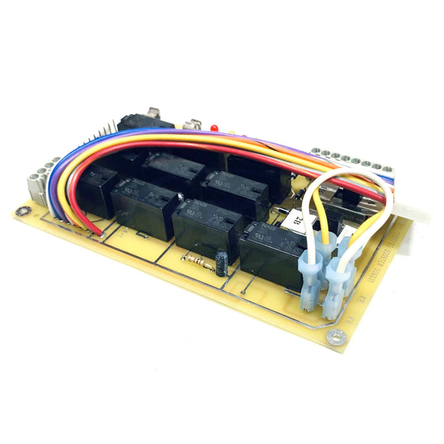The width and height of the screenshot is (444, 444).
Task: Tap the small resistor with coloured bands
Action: click(198, 261)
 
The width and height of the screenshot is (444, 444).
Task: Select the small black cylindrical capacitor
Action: click(221, 262)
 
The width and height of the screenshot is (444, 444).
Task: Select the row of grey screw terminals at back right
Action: click(348, 162)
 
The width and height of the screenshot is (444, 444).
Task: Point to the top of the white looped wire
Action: click(344, 175)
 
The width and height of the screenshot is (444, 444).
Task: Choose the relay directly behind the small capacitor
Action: click(208, 227)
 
